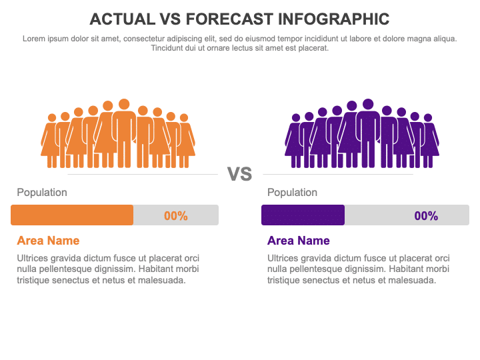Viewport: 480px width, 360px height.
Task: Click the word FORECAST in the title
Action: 229,19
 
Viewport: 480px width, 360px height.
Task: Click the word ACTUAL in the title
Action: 122,19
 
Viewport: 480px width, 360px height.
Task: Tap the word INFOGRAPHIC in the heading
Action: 334,19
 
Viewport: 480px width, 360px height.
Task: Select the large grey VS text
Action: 240,174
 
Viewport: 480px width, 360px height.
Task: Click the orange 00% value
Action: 176,216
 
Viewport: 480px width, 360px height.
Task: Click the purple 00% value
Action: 426,216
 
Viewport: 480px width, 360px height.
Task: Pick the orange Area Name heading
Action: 48,241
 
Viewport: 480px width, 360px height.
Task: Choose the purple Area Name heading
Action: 299,241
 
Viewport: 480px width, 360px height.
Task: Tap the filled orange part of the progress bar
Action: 72,215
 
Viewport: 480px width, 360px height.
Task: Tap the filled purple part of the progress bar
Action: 303,215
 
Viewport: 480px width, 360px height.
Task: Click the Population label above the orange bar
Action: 42,193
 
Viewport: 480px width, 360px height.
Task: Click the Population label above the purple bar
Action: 293,193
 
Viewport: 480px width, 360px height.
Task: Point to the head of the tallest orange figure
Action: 124,104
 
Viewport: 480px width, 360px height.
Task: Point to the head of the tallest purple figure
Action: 368,104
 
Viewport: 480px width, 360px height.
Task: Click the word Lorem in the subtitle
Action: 34,39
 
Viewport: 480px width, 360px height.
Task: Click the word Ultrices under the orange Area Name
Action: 33,258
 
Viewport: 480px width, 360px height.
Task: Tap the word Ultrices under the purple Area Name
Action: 283,258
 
